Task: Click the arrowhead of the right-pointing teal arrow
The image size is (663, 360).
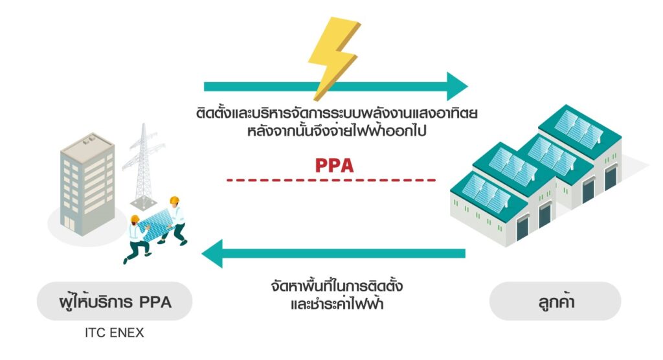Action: point(457,87)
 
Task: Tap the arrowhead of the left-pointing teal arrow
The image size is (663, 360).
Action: point(213,253)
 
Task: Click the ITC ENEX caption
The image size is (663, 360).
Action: point(114,334)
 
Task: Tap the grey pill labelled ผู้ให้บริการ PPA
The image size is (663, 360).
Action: point(114,301)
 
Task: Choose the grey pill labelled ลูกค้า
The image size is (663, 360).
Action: point(554,301)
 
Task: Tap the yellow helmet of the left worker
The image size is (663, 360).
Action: point(135,219)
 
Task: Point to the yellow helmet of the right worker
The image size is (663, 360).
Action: point(174,201)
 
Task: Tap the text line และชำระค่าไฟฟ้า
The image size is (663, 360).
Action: point(338,302)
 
